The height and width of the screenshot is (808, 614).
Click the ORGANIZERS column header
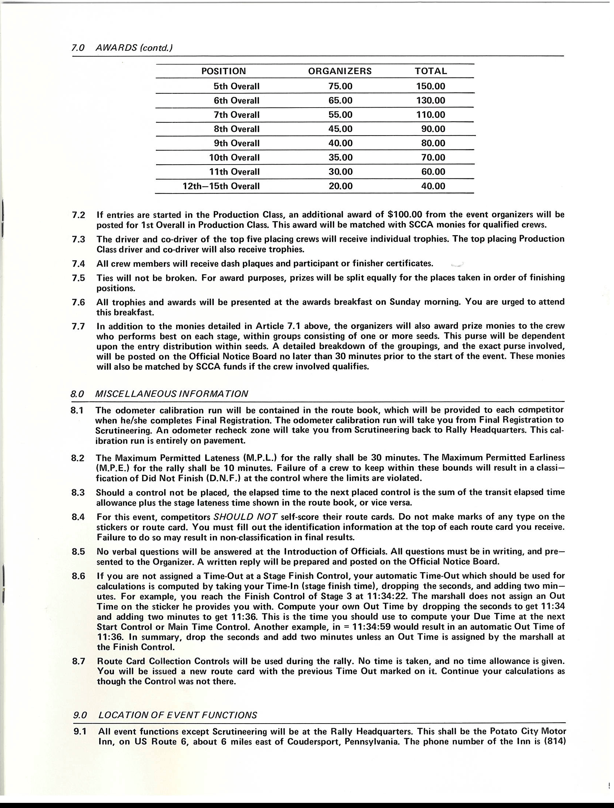(x=340, y=71)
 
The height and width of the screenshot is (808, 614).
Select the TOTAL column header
(x=431, y=71)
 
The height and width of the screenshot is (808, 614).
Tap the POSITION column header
(x=224, y=71)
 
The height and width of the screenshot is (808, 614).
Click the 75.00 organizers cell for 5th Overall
(x=340, y=86)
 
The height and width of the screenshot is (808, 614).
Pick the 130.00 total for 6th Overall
(x=430, y=101)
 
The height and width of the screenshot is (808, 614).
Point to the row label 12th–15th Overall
(x=221, y=186)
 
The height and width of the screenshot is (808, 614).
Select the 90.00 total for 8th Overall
(x=433, y=129)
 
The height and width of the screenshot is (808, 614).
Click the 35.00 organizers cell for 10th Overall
(x=340, y=158)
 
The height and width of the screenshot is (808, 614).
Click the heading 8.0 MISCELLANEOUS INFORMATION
(x=159, y=394)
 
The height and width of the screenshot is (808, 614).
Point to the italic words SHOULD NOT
(x=245, y=517)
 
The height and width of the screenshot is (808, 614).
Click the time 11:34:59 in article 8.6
(x=373, y=627)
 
